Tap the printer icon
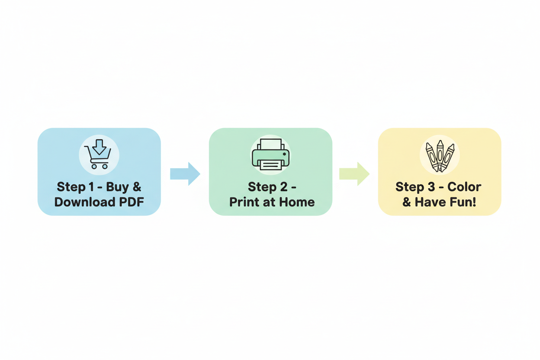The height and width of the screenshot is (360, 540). (270, 154)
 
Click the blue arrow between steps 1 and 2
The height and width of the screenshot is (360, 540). (185, 174)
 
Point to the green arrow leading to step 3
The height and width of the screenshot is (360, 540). (354, 174)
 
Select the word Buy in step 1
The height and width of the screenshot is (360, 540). (117, 187)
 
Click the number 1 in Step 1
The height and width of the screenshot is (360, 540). (91, 187)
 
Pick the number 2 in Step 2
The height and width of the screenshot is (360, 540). (284, 187)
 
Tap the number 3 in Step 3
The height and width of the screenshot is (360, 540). (431, 187)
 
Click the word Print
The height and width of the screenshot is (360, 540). (244, 202)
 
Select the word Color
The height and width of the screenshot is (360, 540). (464, 187)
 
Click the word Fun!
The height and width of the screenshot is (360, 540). (464, 202)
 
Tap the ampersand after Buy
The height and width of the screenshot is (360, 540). (137, 187)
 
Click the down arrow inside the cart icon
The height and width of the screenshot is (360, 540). (99, 147)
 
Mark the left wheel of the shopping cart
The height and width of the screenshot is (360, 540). (94, 167)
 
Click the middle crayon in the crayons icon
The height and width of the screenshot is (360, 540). (440, 154)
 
